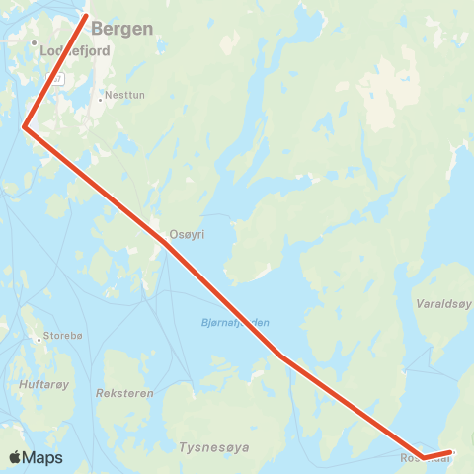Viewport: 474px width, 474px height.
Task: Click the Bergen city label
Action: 122,29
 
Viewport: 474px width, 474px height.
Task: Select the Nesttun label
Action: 123,96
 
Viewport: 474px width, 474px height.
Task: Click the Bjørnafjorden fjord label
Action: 235,323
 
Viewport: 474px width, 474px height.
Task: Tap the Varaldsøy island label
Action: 444,303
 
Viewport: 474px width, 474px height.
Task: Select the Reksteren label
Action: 125,392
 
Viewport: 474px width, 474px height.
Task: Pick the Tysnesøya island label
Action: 214,447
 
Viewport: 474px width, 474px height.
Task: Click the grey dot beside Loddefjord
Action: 34,44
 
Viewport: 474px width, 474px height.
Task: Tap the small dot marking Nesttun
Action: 101,97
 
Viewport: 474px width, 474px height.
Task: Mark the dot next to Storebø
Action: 39,338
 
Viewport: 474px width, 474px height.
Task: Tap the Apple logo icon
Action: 15,457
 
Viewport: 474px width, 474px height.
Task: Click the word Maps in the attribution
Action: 42,457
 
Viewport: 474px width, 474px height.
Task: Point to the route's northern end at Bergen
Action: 86,15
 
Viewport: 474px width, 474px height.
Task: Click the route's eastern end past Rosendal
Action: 451,452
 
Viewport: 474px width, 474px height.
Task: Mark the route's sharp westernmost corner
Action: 24,126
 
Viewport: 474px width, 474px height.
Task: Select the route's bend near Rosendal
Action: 423,456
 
